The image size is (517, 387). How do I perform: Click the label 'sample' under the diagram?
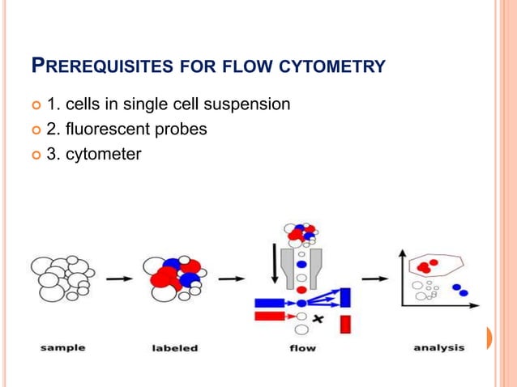[x=63, y=348]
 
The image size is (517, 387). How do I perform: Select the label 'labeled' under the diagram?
[x=174, y=348]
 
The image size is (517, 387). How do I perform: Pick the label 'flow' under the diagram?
[x=302, y=348]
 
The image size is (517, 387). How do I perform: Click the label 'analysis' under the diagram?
[x=439, y=348]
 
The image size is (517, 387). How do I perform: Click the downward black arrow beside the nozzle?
[x=275, y=263]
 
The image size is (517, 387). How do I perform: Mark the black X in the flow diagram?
[x=318, y=319]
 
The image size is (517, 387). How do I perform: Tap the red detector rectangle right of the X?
[x=344, y=324]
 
